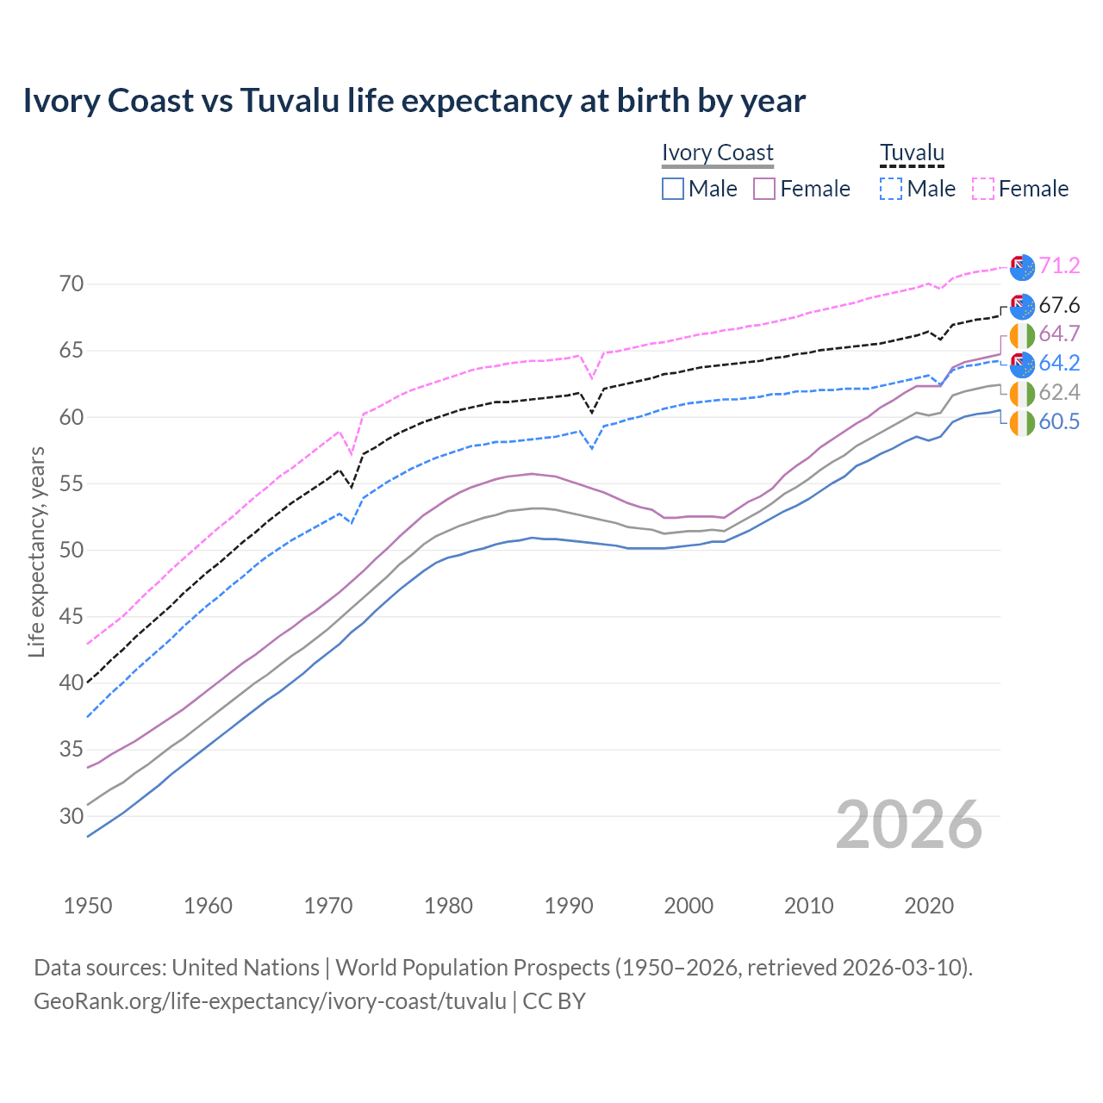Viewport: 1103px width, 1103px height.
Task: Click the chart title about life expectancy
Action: [x=414, y=101]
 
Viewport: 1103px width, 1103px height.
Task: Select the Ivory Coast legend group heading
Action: [x=717, y=153]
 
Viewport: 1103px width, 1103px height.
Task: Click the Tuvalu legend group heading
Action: [x=912, y=153]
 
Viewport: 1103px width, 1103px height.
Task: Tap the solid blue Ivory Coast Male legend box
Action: [x=673, y=189]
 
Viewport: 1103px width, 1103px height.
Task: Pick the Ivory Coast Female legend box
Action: [x=764, y=189]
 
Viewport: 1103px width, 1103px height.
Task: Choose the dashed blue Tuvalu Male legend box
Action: [x=891, y=189]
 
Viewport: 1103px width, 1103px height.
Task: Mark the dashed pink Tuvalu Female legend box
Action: [x=983, y=189]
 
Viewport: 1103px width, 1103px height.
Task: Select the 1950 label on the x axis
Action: [x=88, y=906]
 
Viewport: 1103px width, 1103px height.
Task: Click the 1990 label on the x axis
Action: [x=569, y=906]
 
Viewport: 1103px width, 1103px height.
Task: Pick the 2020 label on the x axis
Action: [x=929, y=906]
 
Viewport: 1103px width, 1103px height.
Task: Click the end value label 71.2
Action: [x=1059, y=266]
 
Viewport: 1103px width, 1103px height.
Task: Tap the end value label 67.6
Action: [x=1059, y=306]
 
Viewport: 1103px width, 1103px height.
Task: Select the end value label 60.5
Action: [x=1059, y=422]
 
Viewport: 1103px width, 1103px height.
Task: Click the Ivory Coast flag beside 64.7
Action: [x=1022, y=335]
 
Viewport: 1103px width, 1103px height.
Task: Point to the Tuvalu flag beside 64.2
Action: [x=1022, y=364]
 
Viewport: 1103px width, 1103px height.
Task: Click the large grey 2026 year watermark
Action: [x=909, y=825]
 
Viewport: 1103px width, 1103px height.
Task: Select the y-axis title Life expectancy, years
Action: [x=36, y=551]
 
